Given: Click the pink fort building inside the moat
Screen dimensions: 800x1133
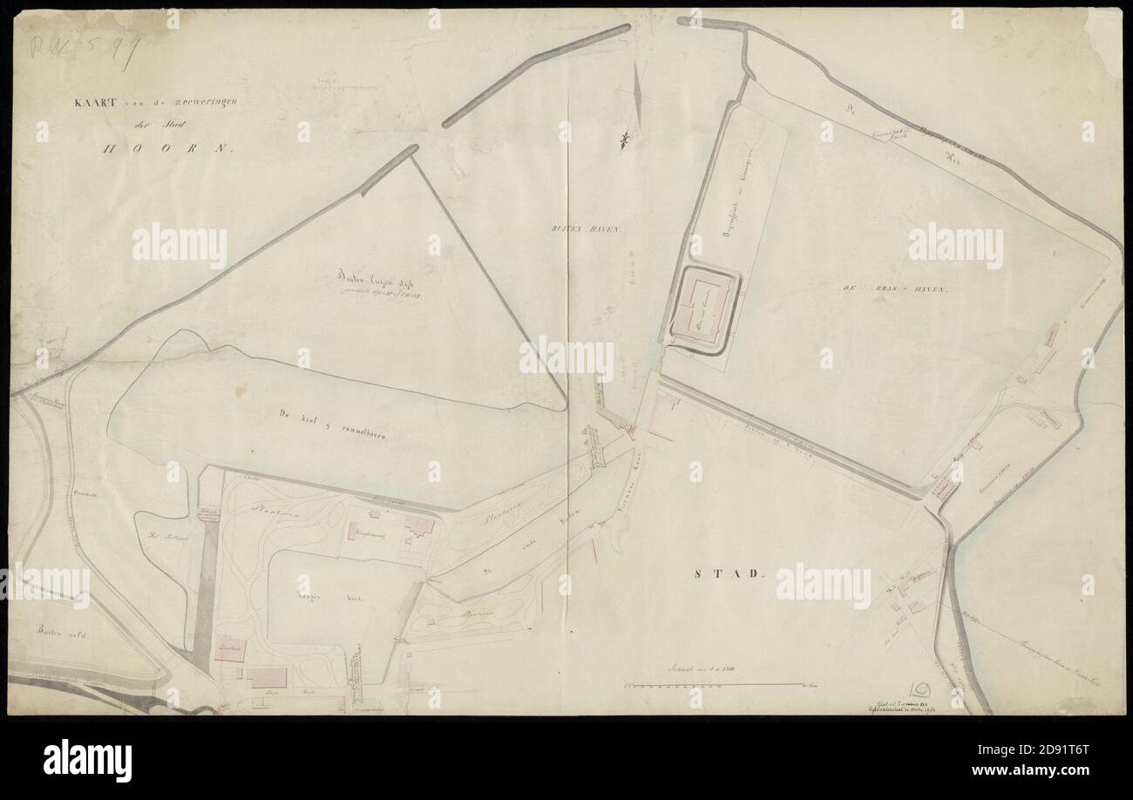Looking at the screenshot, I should [x=704, y=311].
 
